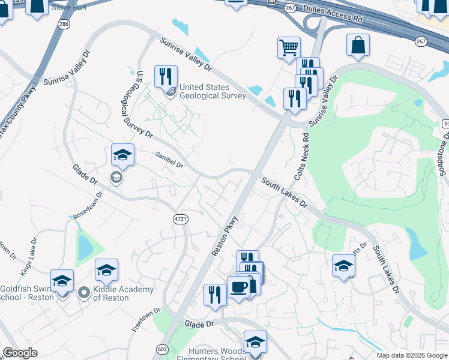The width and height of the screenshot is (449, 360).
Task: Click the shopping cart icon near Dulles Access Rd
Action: (x=289, y=47)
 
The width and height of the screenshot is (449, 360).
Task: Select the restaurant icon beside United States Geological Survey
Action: (x=166, y=76)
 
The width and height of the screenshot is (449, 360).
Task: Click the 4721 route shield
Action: (x=181, y=219)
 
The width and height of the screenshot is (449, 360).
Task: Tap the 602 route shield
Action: (x=161, y=349)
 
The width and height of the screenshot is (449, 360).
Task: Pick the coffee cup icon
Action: (x=238, y=286)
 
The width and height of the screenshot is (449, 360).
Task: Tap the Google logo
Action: (x=20, y=353)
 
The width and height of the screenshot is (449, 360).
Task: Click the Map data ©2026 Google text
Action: (x=411, y=355)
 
